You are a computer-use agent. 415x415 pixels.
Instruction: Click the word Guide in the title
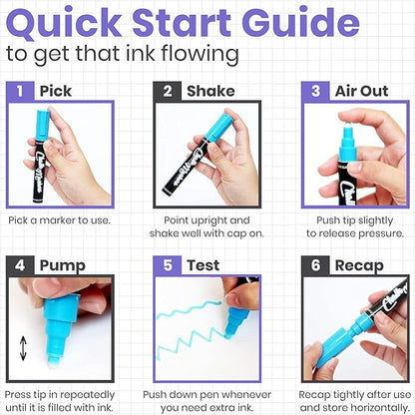point(304,23)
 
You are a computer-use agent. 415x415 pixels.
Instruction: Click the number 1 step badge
point(20,91)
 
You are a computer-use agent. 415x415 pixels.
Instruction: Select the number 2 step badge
point(168,91)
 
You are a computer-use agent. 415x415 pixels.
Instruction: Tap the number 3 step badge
point(315,91)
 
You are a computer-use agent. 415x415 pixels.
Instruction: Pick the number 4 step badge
point(20,265)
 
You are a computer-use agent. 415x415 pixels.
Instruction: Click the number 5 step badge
point(168,265)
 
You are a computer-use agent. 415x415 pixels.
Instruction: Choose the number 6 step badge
point(315,265)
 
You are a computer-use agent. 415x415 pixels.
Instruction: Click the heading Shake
point(210,91)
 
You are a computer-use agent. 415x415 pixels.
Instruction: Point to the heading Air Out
point(361,91)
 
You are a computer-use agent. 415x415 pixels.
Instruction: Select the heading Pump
point(63,266)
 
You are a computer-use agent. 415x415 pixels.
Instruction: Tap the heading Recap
point(359,266)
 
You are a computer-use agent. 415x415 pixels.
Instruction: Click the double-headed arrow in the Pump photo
point(23,348)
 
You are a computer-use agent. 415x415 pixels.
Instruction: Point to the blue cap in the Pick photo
point(42,126)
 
